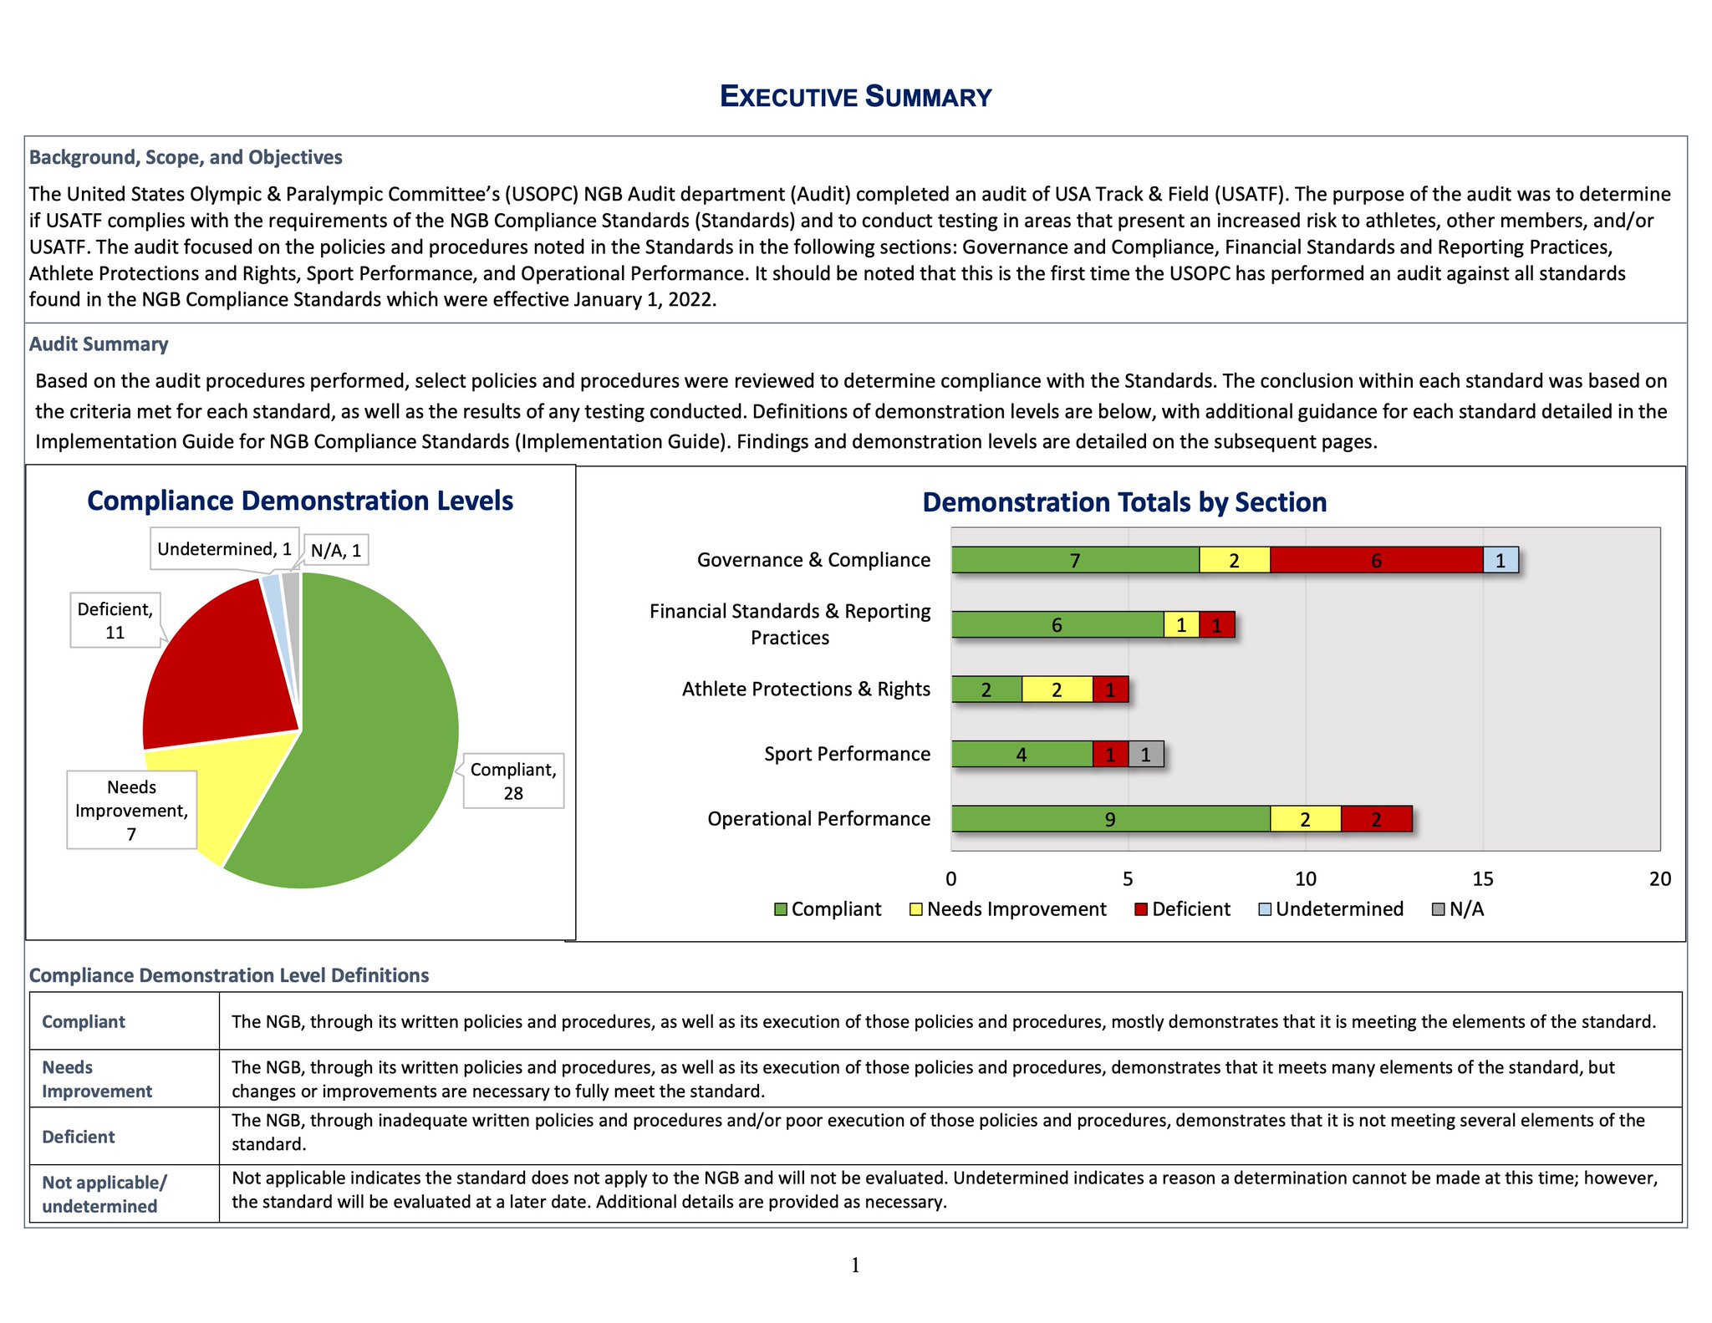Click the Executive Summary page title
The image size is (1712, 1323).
coord(855,97)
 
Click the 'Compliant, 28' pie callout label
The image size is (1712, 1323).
coord(513,781)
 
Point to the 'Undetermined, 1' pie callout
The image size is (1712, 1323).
coord(224,549)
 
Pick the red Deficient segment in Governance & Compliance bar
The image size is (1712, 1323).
coord(1376,560)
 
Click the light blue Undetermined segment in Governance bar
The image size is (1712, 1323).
coord(1501,560)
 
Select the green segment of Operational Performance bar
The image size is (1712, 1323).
coord(1110,819)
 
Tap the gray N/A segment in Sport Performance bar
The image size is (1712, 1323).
coord(1145,755)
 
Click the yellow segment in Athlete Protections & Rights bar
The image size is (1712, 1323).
coord(1057,689)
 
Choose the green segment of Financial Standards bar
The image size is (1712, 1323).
coord(1057,625)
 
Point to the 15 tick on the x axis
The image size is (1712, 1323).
coord(1482,879)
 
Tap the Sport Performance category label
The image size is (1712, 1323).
coord(847,754)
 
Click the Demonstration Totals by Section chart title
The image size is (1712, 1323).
coord(1124,502)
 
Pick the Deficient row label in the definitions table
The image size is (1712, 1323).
coord(79,1137)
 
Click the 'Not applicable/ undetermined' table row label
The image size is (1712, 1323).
coord(104,1194)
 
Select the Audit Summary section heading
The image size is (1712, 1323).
coord(99,344)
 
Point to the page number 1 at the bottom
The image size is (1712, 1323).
coord(855,1265)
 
